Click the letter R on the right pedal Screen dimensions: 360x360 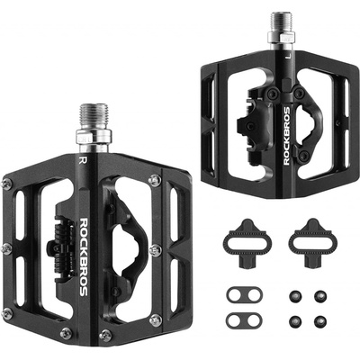(84, 160)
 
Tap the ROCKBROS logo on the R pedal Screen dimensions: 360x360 (84, 257)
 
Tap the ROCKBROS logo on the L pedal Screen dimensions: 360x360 (287, 136)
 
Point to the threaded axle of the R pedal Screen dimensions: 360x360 (94, 117)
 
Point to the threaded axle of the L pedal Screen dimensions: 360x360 (282, 23)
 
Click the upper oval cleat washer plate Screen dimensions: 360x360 (244, 295)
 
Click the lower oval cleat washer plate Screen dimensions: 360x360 (244, 320)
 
